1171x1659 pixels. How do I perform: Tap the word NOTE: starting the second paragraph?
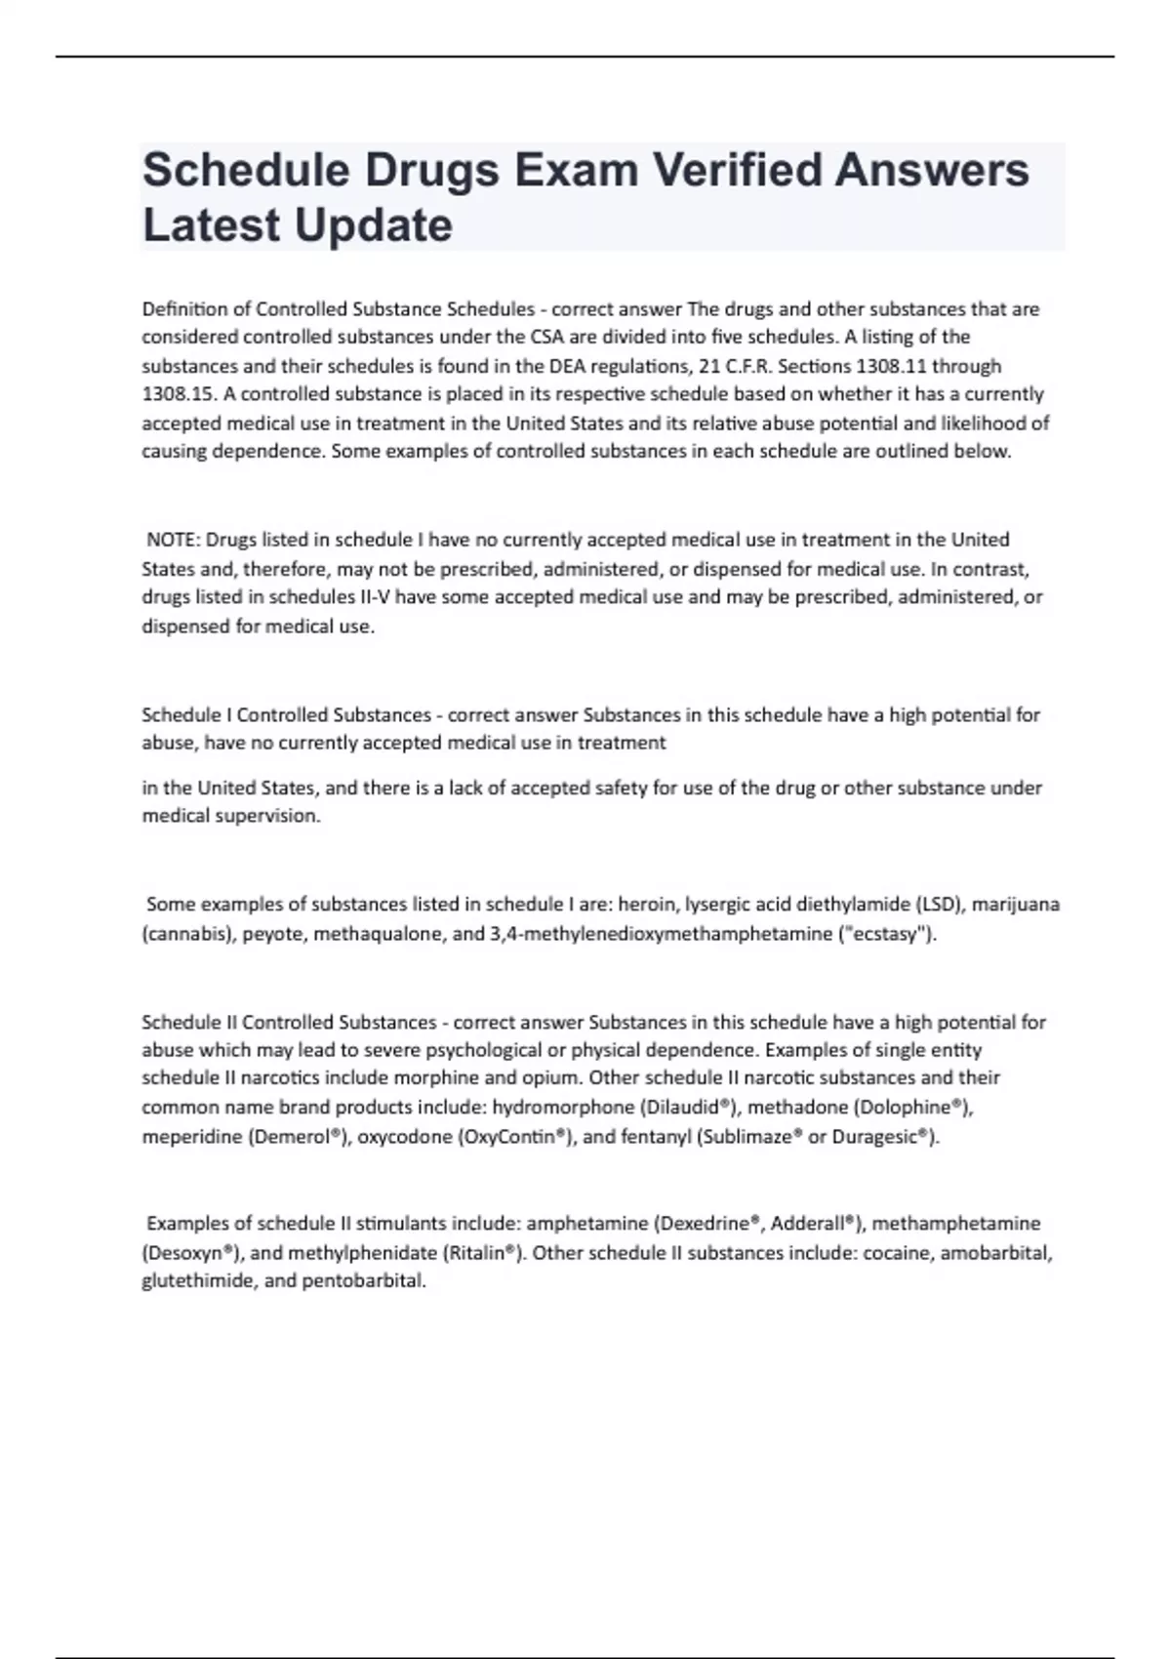point(173,540)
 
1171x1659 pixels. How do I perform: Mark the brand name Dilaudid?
point(688,1108)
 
